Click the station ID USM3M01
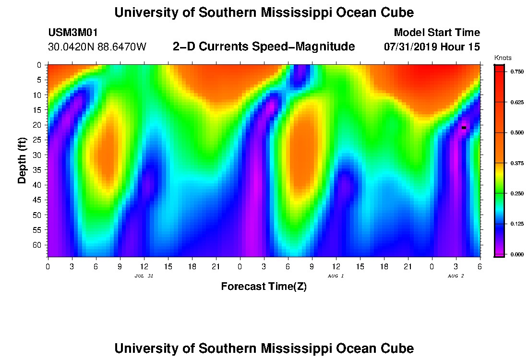(73, 33)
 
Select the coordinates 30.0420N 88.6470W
(97, 47)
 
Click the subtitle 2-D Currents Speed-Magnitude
(264, 47)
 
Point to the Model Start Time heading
(436, 33)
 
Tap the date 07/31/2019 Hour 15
(432, 47)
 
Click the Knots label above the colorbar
(502, 58)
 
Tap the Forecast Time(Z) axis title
(264, 287)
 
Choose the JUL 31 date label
(144, 276)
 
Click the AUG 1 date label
(336, 276)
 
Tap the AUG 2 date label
(456, 276)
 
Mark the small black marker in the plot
(464, 128)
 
